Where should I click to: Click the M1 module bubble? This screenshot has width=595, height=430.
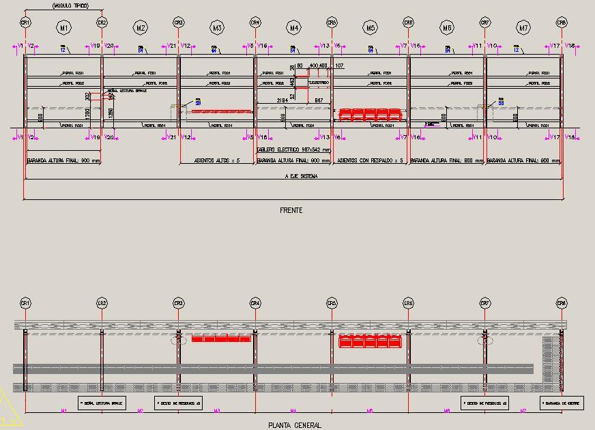click(x=64, y=28)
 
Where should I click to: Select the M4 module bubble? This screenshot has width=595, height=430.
click(x=294, y=28)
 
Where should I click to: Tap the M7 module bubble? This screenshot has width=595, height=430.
click(x=524, y=28)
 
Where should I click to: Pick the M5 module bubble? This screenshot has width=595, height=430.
click(x=371, y=28)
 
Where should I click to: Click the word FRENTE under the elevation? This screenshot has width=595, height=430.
click(x=291, y=210)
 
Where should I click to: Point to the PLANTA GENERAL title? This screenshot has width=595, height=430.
click(x=295, y=425)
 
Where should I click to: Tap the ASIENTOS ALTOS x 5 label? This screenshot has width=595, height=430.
click(x=217, y=161)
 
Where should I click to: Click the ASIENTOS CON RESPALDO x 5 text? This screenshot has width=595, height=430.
click(x=370, y=161)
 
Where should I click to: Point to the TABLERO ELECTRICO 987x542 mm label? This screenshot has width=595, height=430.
click(x=293, y=149)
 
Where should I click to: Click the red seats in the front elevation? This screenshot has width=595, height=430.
click(x=369, y=115)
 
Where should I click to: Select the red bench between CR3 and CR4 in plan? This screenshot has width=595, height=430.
click(x=220, y=339)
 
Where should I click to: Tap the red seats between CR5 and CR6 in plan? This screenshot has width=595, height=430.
click(x=369, y=341)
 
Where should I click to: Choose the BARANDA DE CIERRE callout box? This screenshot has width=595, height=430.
click(x=562, y=403)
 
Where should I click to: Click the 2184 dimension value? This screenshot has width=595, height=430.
click(x=282, y=100)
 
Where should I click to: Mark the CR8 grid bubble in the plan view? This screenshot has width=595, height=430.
click(x=562, y=303)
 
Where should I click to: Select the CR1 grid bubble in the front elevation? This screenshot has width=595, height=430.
click(x=25, y=23)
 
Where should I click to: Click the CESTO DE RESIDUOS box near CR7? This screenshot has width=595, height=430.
click(x=485, y=403)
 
